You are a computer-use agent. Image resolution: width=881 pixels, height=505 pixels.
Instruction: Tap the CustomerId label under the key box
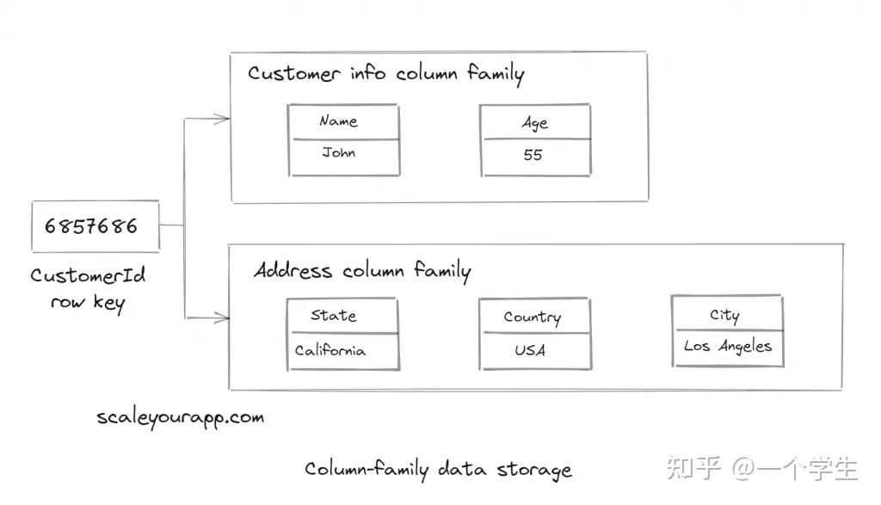point(88,275)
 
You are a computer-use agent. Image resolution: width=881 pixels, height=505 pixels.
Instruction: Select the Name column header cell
point(343,122)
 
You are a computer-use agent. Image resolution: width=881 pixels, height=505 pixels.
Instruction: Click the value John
point(339,154)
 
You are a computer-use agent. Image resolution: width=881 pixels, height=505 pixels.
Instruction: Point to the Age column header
point(534,123)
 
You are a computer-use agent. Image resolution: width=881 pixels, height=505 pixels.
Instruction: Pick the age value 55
point(533,156)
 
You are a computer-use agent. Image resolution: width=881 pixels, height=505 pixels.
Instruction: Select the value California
point(330,351)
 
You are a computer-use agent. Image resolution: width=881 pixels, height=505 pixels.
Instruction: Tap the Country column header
point(533,317)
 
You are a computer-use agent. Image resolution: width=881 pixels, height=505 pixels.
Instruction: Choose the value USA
point(530,351)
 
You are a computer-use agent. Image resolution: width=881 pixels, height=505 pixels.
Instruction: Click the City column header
point(724,315)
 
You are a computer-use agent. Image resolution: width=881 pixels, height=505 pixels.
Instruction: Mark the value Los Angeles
point(727,347)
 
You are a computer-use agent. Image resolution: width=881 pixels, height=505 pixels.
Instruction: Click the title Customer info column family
point(385,73)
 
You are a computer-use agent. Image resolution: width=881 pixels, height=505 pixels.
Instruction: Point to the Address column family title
point(362,271)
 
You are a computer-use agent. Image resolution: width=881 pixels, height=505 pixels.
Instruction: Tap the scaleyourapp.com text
point(180,418)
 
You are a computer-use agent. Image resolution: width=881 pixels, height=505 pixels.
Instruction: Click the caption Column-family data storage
point(438,470)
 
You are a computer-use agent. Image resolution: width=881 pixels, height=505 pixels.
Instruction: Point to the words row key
point(87,303)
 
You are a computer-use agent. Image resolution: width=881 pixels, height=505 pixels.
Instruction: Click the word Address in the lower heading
point(293,271)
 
